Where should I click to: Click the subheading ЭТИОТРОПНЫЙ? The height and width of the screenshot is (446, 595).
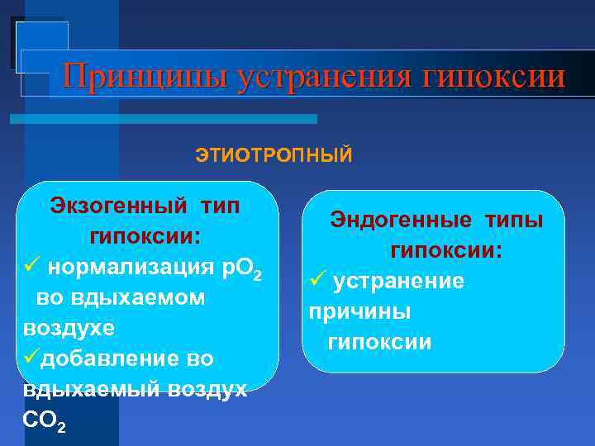pos(274,155)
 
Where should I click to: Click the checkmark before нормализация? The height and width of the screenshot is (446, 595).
pos(31,267)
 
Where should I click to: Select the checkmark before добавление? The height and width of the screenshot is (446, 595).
pos(31,358)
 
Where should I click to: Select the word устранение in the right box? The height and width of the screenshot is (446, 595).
pos(398,282)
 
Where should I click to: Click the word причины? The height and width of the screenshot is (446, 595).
pos(359,312)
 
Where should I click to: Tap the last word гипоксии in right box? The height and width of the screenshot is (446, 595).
pos(379,343)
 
